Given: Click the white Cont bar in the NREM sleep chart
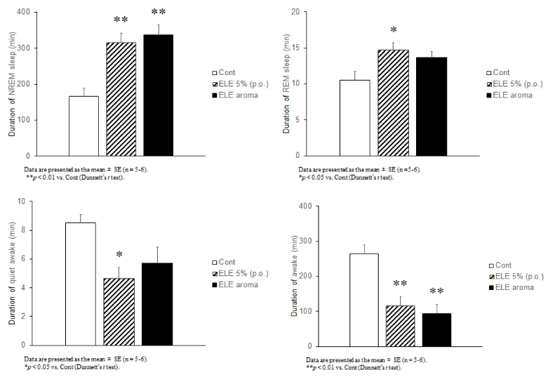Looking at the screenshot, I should (83, 126).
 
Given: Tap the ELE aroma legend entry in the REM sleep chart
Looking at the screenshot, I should (509, 95).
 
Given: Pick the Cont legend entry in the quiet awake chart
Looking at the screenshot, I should (236, 262).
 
